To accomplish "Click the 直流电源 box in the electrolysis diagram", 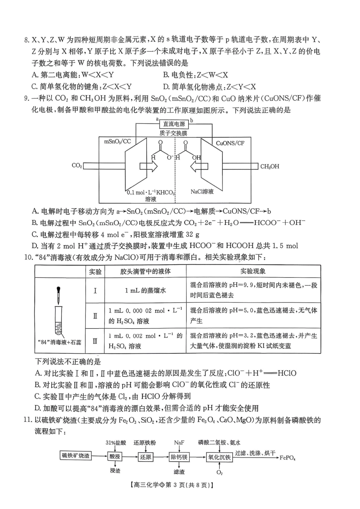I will point(174,124).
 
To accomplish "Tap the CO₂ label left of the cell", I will point(77,166).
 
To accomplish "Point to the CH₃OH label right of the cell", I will point(269,166).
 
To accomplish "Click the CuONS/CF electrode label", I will point(230,143).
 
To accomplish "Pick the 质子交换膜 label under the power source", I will point(174,133).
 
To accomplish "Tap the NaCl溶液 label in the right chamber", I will point(202,192).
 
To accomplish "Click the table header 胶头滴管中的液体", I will point(145,271).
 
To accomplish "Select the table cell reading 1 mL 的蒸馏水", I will point(145,290).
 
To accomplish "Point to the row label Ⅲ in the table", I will point(95,341).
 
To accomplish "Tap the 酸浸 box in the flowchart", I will point(115,457).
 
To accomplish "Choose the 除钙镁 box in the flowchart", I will point(179,457).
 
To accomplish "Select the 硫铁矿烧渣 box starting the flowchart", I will point(76,456).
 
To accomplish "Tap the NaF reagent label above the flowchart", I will point(179,443).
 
